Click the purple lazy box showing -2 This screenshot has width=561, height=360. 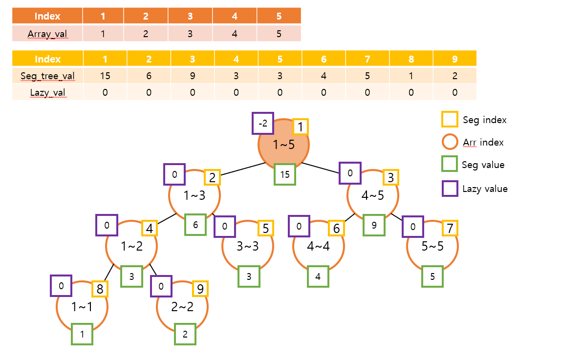[263, 124]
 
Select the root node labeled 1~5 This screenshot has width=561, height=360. [283, 145]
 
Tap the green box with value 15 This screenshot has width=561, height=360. [285, 174]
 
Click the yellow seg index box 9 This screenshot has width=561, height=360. [200, 288]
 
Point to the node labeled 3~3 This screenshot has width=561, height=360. [248, 246]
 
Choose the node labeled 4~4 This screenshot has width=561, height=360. [318, 246]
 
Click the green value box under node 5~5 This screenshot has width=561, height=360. [432, 276]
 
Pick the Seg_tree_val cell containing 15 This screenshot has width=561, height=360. [105, 76]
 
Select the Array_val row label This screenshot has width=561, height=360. [47, 34]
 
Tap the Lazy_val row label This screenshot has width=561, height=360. [47, 92]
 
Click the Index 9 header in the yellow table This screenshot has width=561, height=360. [454, 59]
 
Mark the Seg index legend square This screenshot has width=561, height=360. [449, 119]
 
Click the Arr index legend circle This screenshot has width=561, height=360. [449, 142]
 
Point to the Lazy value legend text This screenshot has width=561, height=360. [485, 189]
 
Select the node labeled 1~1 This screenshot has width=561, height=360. [82, 307]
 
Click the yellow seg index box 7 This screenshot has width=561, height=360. [450, 228]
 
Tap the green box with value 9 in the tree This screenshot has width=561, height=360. [373, 225]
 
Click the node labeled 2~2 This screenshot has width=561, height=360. [182, 307]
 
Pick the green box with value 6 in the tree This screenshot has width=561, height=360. [195, 225]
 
